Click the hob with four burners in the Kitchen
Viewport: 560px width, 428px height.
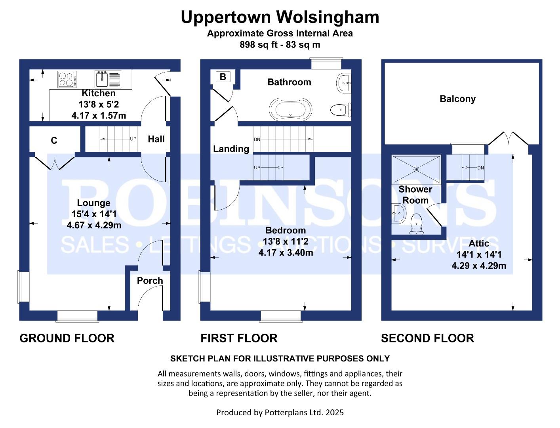click(67, 79)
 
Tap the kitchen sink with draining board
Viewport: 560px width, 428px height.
click(108, 79)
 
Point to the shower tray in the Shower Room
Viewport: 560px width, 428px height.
click(416, 169)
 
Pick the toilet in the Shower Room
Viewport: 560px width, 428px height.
click(416, 223)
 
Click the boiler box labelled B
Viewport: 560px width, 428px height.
click(223, 77)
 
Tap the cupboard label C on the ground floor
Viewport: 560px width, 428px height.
click(54, 141)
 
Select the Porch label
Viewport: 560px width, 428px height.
click(150, 281)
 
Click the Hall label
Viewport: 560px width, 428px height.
click(156, 139)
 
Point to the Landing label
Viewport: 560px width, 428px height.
click(231, 149)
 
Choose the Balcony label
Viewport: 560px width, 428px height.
click(457, 99)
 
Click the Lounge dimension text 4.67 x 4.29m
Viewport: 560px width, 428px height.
click(94, 225)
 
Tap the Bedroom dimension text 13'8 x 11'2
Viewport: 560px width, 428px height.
click(286, 241)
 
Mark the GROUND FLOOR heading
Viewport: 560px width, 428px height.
click(67, 338)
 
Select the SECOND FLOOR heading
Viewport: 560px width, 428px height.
click(427, 338)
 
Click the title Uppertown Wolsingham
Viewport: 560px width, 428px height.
click(280, 17)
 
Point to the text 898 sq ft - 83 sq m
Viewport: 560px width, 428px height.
click(280, 45)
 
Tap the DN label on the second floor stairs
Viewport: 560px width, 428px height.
click(480, 168)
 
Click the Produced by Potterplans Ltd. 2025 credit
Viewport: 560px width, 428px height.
click(280, 413)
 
